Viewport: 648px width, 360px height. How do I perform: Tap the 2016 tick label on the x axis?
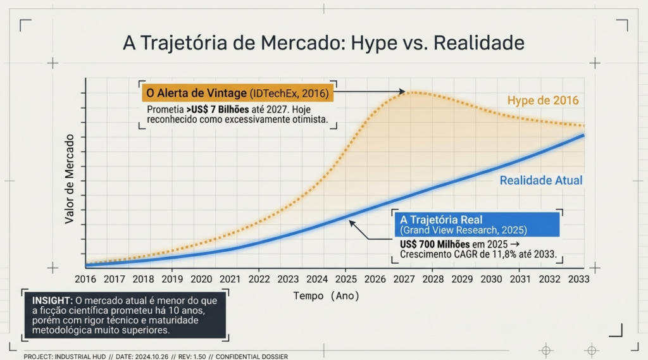click(x=85, y=280)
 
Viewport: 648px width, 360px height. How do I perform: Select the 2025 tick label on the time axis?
click(x=346, y=280)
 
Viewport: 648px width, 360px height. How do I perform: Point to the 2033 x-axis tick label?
click(x=578, y=280)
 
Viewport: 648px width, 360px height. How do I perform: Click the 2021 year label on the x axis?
click(x=230, y=280)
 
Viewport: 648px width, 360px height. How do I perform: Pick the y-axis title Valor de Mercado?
click(x=69, y=179)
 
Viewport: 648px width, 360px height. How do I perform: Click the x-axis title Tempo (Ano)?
click(x=327, y=296)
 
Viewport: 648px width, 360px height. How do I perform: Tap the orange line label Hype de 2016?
click(x=543, y=101)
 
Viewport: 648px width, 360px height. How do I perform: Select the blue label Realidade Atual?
click(x=541, y=180)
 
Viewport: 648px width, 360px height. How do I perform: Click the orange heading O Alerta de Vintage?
click(x=196, y=94)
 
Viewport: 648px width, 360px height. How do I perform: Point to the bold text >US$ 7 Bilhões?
click(x=218, y=109)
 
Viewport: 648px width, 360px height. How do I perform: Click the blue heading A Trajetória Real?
click(x=441, y=220)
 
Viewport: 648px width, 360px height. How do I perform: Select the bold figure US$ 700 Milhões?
click(x=434, y=244)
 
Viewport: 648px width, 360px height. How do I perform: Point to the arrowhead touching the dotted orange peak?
click(x=402, y=91)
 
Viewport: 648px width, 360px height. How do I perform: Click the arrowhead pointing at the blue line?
click(x=351, y=223)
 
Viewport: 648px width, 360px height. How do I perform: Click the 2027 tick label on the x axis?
click(x=404, y=280)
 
